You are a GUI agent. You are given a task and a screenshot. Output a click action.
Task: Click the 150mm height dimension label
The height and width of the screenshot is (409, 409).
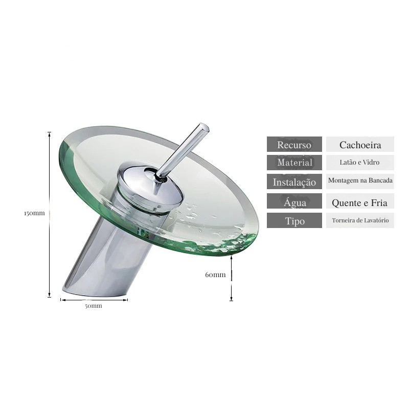pos(34,213)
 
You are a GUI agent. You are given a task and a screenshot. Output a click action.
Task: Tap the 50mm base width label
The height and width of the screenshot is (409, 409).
pos(94,306)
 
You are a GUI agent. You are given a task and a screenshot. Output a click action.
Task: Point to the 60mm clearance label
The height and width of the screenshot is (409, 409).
pos(215,275)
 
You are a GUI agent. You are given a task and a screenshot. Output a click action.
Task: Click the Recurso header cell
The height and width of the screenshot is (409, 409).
pos(294,144)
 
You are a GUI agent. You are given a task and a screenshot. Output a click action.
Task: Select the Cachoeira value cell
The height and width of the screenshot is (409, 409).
pos(360,144)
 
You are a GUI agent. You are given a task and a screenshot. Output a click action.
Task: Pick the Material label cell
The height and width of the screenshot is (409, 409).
pos(294,163)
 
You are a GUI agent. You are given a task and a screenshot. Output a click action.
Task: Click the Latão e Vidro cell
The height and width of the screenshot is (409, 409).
pos(360,163)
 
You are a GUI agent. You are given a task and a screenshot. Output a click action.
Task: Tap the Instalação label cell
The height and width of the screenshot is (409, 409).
pos(294,181)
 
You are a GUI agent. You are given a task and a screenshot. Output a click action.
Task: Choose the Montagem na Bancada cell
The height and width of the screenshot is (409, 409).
pos(360,181)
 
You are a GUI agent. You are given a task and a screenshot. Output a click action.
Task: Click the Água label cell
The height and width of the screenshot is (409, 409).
pos(294,201)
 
